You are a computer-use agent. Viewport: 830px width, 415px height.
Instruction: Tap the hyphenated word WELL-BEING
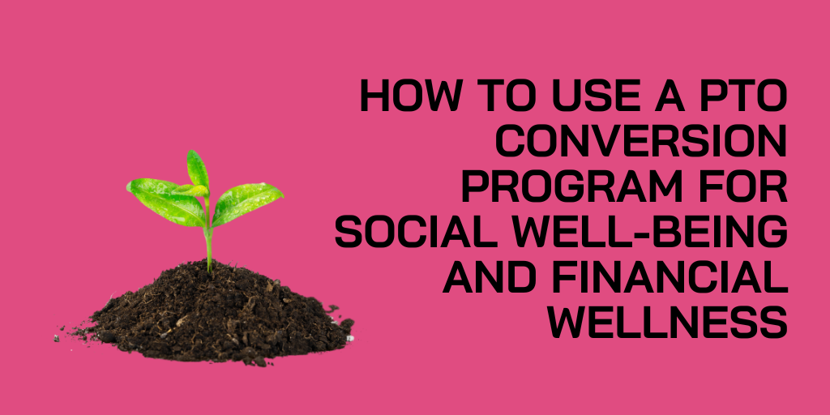pyautogui.click(x=657, y=233)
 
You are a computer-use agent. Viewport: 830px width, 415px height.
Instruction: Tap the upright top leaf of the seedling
pyautogui.click(x=197, y=169)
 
